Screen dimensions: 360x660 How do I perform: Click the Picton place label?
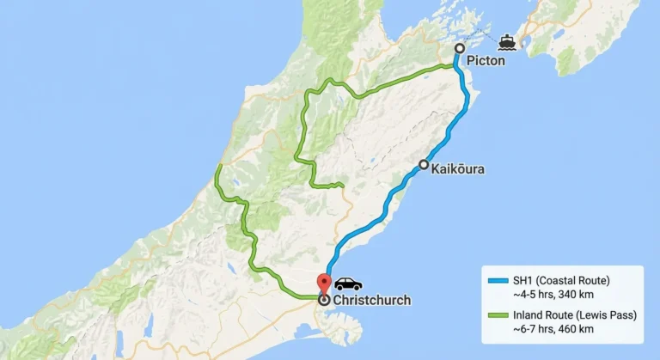486,62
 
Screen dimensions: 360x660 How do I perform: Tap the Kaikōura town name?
458,169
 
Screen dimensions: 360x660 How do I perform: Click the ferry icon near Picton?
507,41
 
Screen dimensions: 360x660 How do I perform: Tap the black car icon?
348,284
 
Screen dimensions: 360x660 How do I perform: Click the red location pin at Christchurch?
323,284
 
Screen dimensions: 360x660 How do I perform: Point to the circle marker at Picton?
459,48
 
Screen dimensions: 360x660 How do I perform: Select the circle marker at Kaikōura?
424,164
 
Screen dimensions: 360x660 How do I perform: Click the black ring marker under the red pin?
323,301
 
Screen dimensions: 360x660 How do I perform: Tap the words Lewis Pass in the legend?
607,315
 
